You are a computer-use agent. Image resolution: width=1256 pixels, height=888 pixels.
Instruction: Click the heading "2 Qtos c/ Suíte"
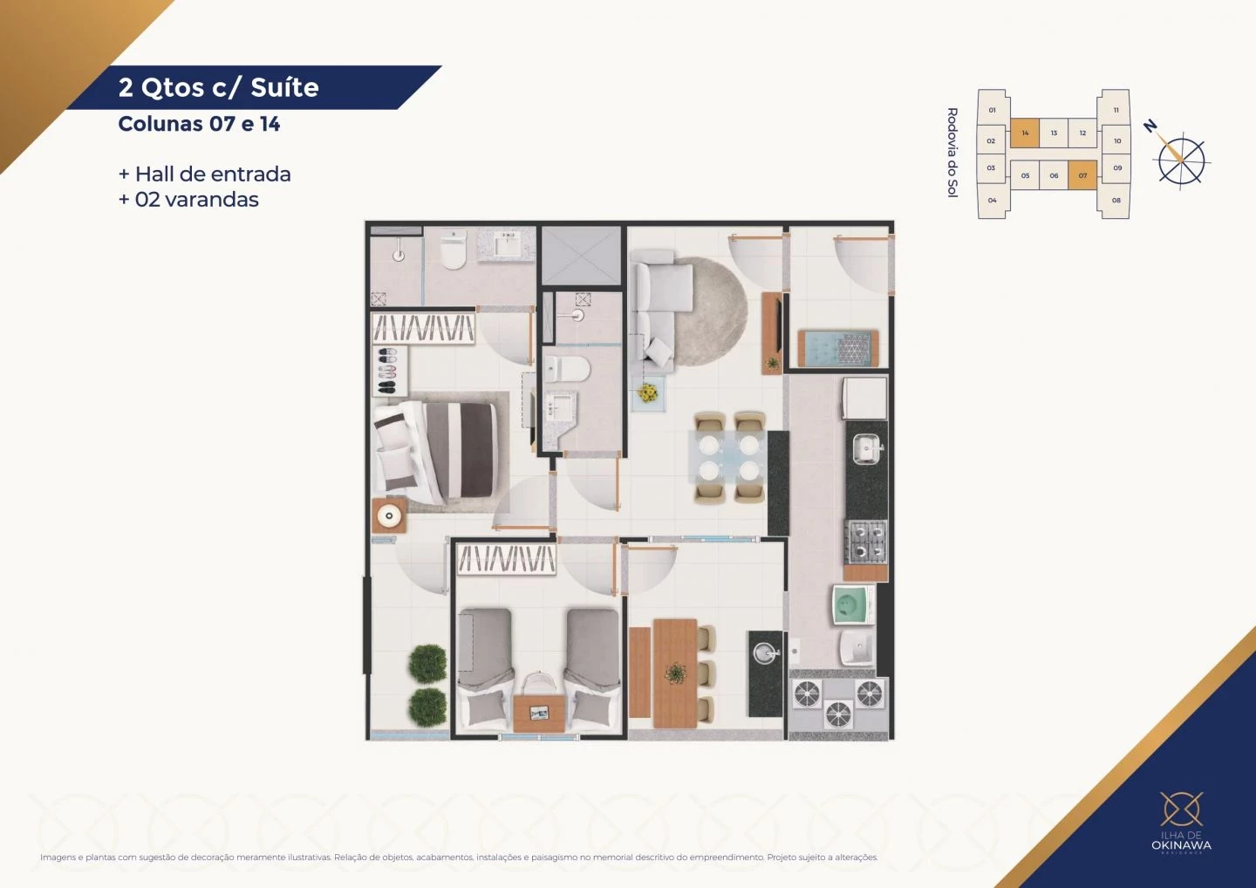point(219,87)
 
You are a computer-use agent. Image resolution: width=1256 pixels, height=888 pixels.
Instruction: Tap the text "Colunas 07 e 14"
point(199,124)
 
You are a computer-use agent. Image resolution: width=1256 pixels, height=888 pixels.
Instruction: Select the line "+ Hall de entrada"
point(205,174)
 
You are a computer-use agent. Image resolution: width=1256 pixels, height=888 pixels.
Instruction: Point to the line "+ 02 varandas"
point(189,200)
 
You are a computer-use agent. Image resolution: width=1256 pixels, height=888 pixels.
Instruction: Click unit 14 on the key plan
point(1025,133)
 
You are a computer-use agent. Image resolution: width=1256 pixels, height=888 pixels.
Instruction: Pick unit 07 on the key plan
point(1082,175)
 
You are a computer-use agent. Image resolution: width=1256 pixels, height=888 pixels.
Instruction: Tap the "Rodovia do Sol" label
point(952,153)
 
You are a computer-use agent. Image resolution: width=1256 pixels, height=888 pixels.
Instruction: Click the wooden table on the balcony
point(674,672)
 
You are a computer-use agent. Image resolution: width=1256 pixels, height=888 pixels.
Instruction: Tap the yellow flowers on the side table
point(647,393)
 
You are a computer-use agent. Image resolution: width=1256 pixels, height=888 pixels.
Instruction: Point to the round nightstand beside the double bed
point(388,516)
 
